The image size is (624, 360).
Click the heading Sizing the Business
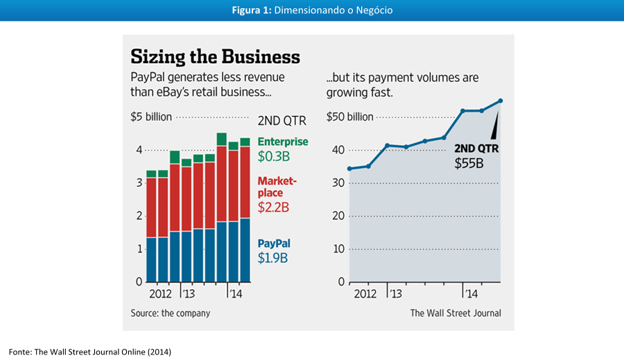(x=215, y=56)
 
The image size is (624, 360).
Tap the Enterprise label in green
(x=283, y=142)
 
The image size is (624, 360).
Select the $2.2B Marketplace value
(x=273, y=207)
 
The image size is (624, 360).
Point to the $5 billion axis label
(x=150, y=117)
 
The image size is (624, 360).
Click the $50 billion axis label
(x=349, y=117)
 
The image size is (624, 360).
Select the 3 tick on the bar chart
(x=139, y=182)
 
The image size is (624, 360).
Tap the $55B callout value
(x=469, y=164)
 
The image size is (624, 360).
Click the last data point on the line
(x=500, y=101)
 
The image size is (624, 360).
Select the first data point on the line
(x=349, y=169)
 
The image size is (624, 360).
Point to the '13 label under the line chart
(x=395, y=293)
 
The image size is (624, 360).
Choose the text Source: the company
(x=171, y=313)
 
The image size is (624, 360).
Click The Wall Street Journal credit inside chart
(x=456, y=313)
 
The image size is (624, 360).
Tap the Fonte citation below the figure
(x=89, y=352)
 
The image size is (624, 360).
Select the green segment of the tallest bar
(x=222, y=139)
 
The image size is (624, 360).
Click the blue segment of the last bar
(x=245, y=250)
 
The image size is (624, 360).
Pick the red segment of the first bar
(x=151, y=207)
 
